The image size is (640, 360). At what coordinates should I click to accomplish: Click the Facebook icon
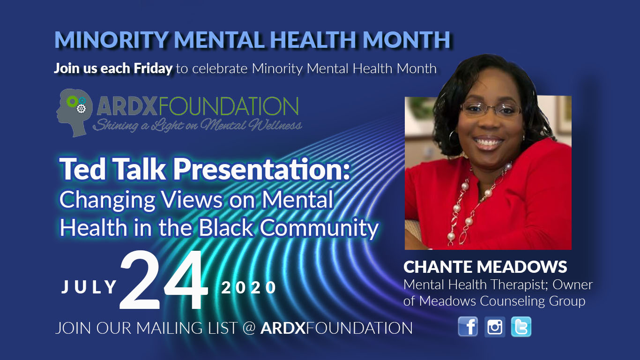click(468, 327)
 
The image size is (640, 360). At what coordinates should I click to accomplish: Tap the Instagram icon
click(495, 327)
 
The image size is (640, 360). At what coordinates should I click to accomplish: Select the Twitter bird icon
click(521, 327)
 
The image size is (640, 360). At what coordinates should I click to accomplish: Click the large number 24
click(164, 281)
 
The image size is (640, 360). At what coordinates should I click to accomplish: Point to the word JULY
click(89, 287)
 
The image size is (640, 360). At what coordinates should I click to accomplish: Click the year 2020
click(249, 287)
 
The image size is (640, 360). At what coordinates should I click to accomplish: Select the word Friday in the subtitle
click(153, 68)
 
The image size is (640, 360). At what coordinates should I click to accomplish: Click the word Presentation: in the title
click(262, 169)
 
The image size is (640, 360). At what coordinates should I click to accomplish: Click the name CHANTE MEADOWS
click(485, 267)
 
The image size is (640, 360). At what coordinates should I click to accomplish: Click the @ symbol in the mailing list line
click(250, 328)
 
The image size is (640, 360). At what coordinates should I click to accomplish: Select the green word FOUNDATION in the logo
click(229, 107)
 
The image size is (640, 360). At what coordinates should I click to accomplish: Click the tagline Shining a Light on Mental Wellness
click(197, 125)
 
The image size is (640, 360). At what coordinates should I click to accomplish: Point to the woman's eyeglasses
click(491, 110)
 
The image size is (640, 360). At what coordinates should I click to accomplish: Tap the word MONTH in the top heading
click(407, 39)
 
